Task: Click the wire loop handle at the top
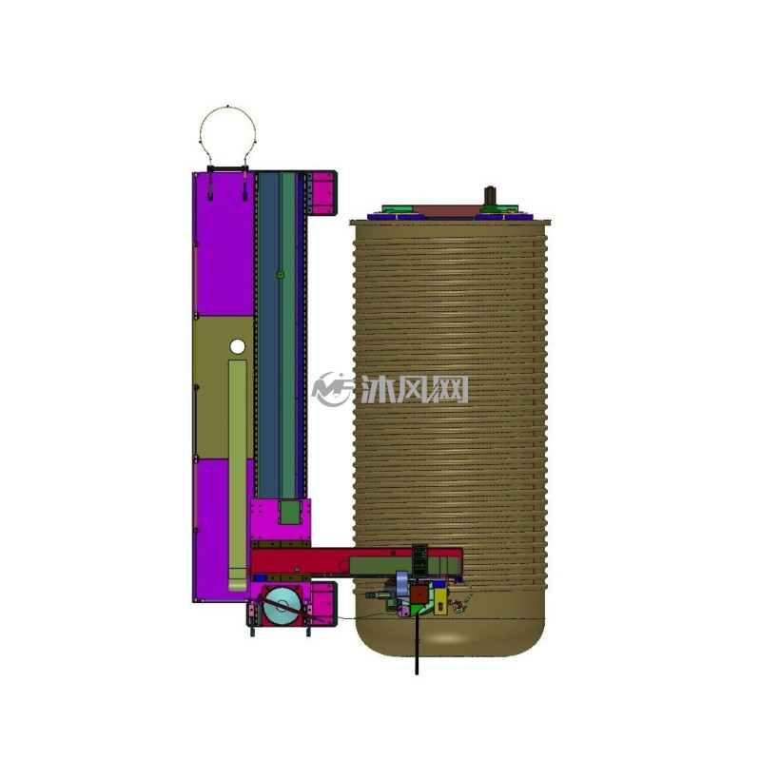coord(228,107)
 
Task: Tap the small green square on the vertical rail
coord(281,275)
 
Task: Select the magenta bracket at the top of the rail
coord(322,193)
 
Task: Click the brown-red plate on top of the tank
coord(448,210)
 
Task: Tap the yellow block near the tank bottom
coord(440,603)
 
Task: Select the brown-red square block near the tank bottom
coord(419,594)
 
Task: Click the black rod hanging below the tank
coord(417,645)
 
